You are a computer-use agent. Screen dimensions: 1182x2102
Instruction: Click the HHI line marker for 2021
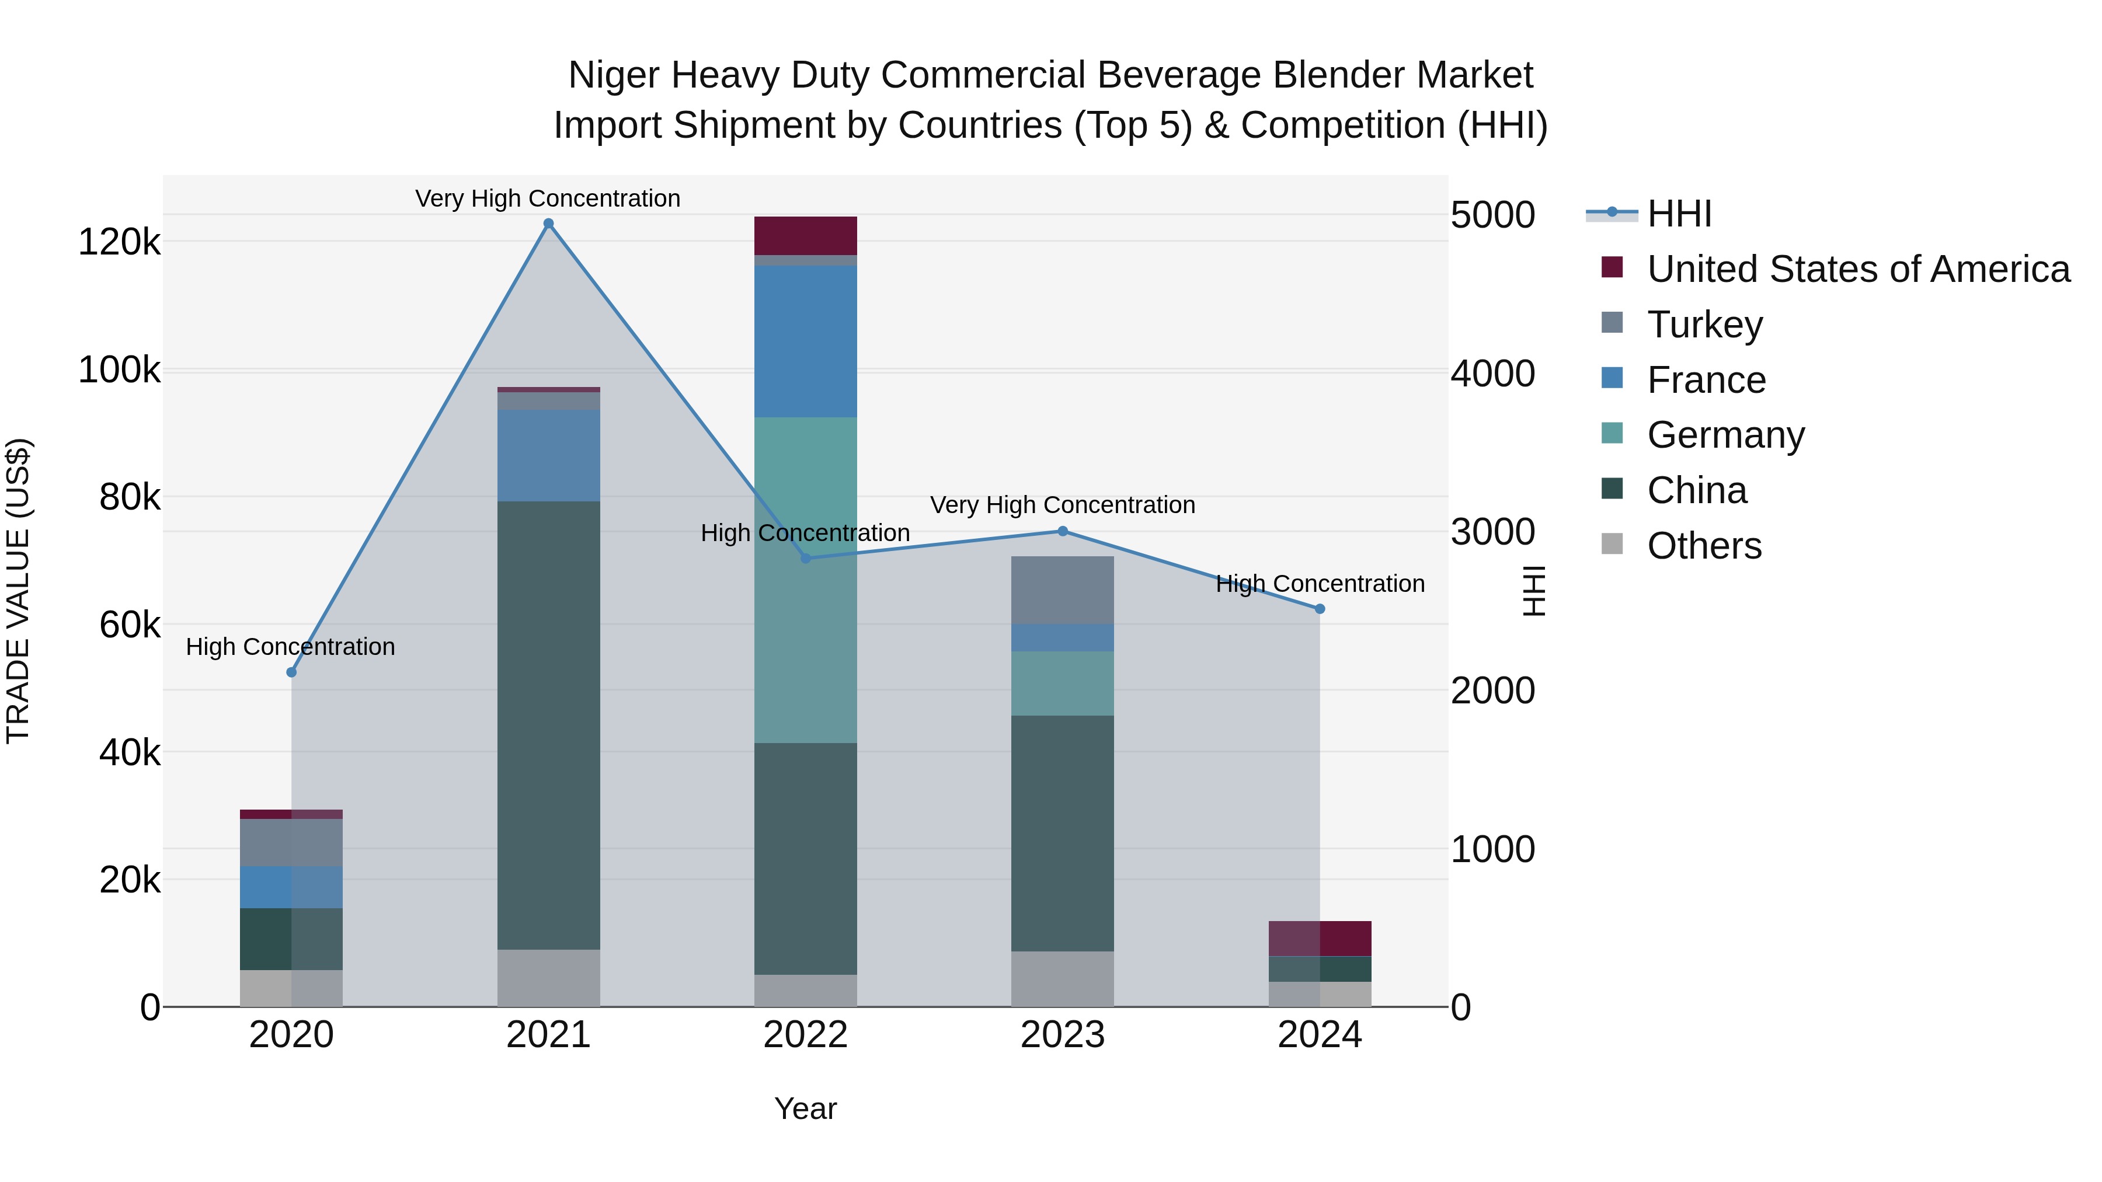[548, 224]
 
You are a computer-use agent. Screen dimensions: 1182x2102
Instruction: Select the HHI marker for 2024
[1320, 609]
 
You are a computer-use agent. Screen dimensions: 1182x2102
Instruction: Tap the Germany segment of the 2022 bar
[805, 579]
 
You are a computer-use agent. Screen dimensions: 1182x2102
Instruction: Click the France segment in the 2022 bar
[805, 341]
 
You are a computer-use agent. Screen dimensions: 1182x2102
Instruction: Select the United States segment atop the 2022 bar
[805, 236]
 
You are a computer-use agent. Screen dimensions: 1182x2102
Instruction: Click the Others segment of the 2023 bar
[1063, 978]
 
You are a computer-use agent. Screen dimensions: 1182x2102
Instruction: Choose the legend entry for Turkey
[1704, 324]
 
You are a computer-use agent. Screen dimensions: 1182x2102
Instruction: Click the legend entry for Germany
[1725, 435]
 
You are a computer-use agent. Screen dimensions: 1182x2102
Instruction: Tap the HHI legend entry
[1679, 214]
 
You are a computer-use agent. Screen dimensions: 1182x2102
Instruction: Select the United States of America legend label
[1858, 269]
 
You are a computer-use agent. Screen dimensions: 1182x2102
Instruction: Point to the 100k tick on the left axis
[119, 369]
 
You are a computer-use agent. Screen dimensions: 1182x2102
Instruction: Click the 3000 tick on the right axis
[1492, 532]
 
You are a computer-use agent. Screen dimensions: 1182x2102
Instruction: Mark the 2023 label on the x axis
[1063, 1034]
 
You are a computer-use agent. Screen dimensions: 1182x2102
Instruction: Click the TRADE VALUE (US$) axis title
[18, 591]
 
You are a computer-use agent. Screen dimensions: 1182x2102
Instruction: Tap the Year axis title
[805, 1108]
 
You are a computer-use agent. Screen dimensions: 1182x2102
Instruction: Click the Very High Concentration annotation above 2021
[548, 198]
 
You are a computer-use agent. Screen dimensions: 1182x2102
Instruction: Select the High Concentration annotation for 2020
[291, 646]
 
